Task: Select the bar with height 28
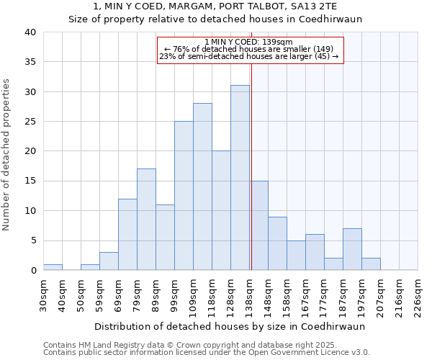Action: click(x=202, y=186)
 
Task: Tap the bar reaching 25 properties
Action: click(x=184, y=196)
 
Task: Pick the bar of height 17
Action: click(x=146, y=220)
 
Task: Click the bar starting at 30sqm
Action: click(x=53, y=267)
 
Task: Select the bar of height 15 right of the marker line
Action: click(x=259, y=225)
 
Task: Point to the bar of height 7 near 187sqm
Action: click(x=352, y=249)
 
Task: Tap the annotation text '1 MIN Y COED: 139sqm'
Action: click(x=248, y=42)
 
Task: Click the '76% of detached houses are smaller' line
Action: click(x=248, y=49)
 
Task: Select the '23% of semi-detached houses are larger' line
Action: click(x=248, y=56)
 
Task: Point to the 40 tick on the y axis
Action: click(x=30, y=32)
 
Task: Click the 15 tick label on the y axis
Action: click(x=30, y=181)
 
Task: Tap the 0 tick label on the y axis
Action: click(x=33, y=271)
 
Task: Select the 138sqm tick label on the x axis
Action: click(x=249, y=294)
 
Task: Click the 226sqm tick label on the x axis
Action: click(x=418, y=294)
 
